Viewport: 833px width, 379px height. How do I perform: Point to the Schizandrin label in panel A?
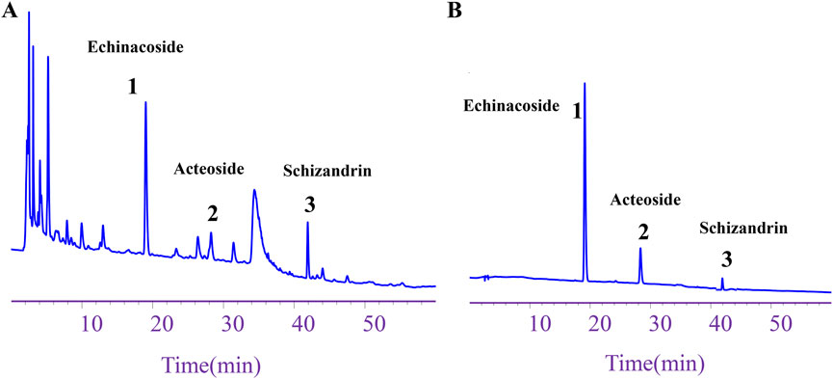click(327, 172)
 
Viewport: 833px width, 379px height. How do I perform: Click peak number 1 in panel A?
click(133, 87)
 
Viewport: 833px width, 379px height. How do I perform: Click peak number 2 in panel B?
click(643, 230)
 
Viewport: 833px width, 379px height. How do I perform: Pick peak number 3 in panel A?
click(309, 204)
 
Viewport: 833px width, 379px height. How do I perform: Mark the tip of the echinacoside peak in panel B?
click(585, 84)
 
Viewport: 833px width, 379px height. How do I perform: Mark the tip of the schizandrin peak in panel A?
click(307, 223)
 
